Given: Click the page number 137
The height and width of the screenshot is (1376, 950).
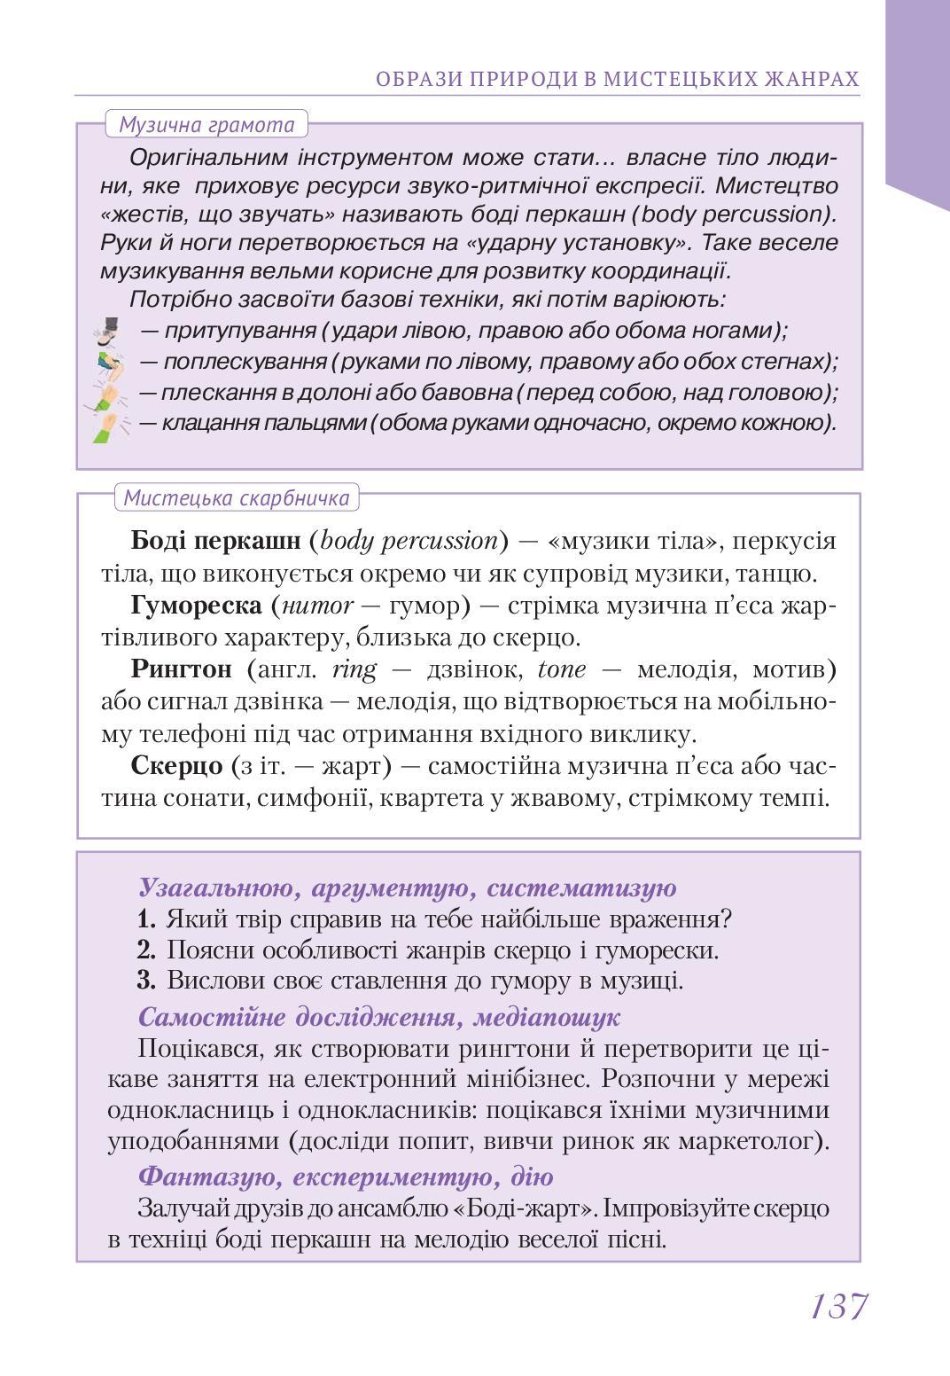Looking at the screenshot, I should point(837,1306).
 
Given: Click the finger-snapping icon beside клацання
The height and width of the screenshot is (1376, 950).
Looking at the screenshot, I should point(110,425).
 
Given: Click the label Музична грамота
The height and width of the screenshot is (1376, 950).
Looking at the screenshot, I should point(206,124).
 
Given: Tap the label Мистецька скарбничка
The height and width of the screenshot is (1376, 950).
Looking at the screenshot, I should point(237,498).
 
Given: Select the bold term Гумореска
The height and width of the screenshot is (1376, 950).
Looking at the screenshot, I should point(197,606).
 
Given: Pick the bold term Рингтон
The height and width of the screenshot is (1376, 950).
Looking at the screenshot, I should point(181,668).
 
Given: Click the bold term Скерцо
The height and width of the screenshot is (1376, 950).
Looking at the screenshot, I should point(176,764).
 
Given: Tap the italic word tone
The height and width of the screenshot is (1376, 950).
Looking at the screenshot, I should point(562,668).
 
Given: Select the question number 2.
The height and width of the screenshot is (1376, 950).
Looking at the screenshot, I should point(146,950).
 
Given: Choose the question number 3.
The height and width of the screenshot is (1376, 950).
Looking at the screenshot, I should point(146,981).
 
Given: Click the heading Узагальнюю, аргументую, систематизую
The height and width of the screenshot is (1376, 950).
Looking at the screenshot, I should point(407,887).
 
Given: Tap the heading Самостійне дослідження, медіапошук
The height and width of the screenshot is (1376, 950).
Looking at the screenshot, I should point(378,1016).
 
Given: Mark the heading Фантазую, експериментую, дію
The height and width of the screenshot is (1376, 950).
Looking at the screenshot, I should point(346,1177).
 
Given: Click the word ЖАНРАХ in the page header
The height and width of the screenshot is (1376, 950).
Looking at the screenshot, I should point(811,80).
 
